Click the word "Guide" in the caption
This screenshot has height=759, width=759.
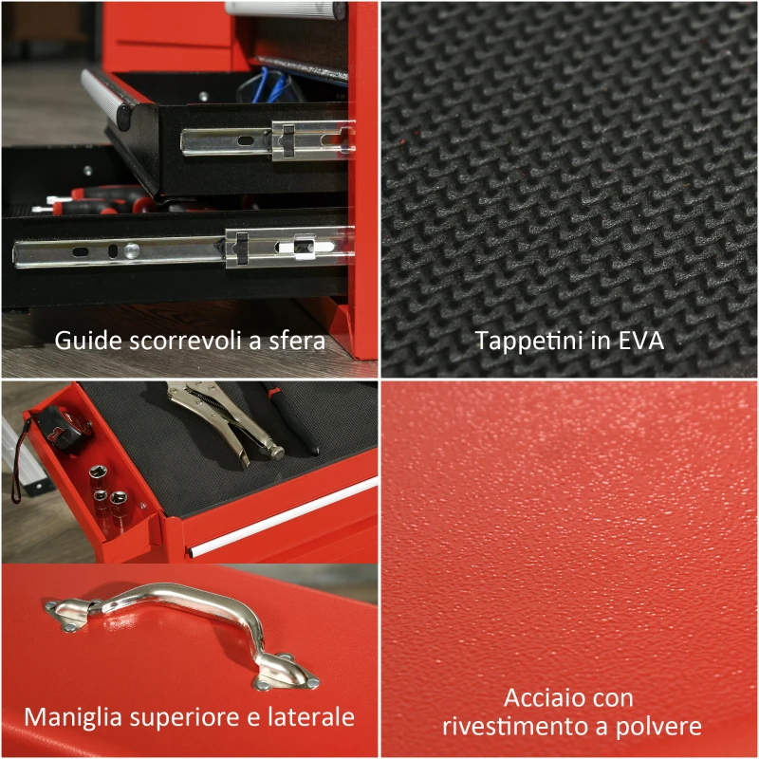(x=81, y=341)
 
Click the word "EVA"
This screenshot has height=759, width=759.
(x=641, y=341)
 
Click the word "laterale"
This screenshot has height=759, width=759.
(x=312, y=716)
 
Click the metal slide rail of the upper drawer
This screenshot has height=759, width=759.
(x=266, y=139)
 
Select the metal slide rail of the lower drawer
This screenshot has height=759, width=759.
(x=180, y=250)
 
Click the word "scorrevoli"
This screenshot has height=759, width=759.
(x=191, y=341)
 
